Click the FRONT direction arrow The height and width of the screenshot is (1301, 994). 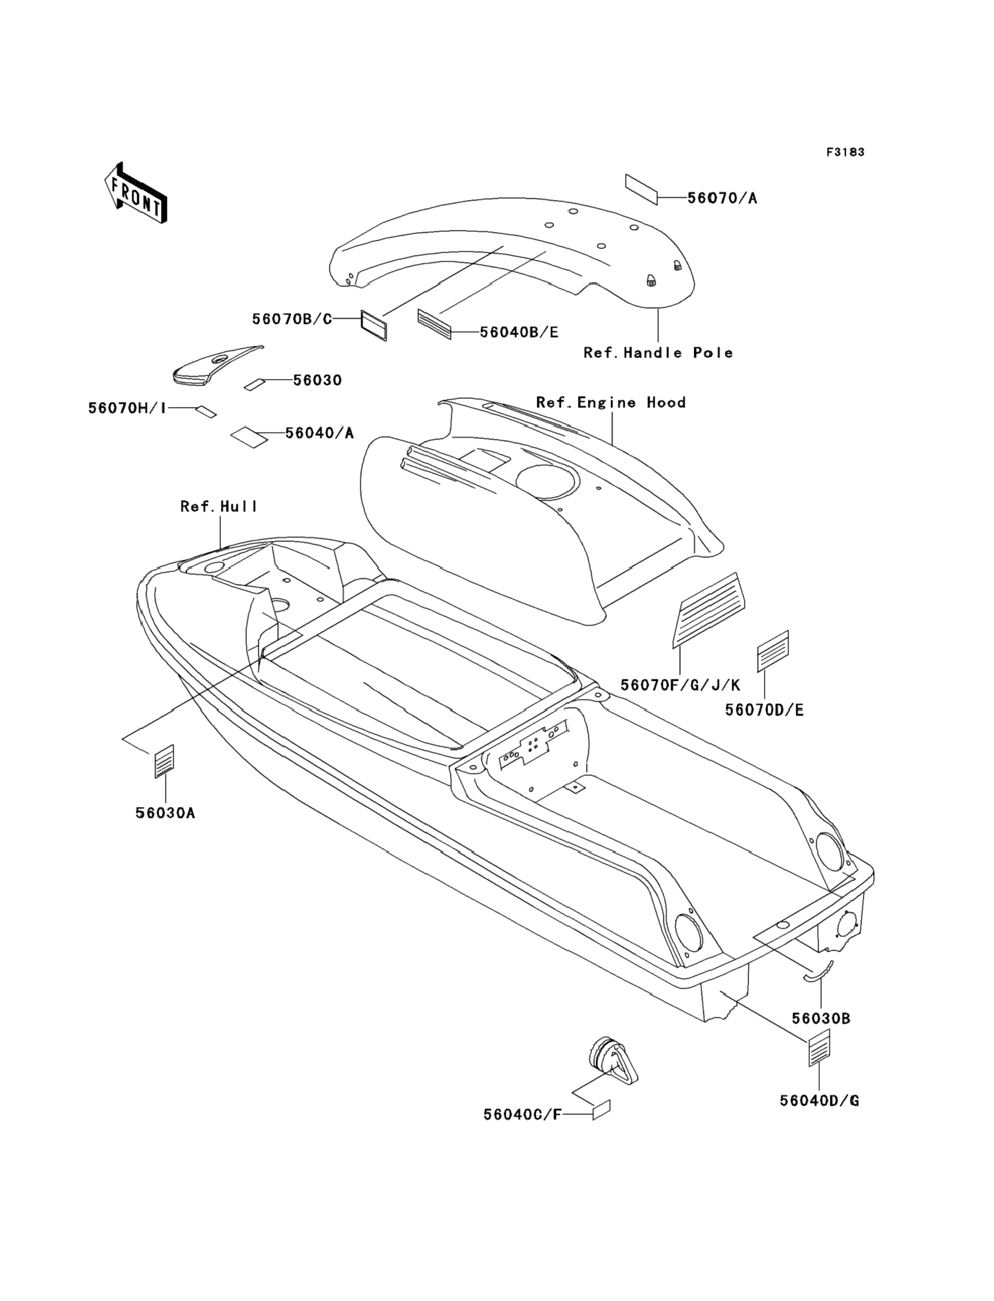(136, 193)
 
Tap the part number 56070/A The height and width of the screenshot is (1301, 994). (722, 198)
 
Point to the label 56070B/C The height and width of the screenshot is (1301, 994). (292, 319)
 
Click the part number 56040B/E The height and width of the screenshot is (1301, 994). (519, 332)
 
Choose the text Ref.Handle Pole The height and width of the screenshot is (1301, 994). (658, 353)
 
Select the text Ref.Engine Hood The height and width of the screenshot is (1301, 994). (611, 403)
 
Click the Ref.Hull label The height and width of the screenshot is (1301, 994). (219, 507)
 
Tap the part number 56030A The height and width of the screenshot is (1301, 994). (165, 813)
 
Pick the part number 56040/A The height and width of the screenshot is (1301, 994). (320, 433)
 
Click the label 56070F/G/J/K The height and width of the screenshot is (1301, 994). (680, 685)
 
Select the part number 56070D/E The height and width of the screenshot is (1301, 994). (764, 710)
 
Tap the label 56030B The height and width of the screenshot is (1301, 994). (821, 1019)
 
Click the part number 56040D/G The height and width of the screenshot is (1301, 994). (819, 1101)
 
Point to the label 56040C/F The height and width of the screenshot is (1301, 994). (522, 1115)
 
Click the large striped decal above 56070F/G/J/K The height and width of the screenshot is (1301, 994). (709, 610)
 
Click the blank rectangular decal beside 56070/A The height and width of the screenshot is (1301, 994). (641, 189)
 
